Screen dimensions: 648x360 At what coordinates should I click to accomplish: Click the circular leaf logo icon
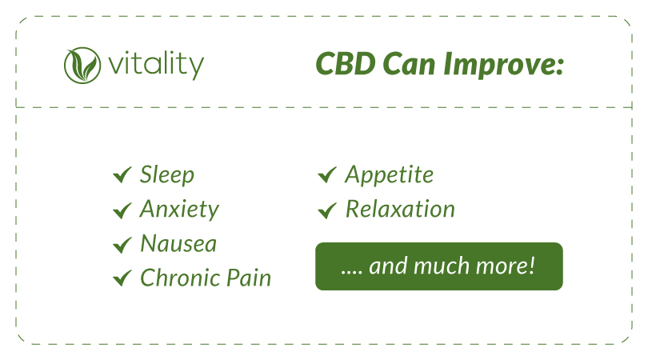tap(82, 66)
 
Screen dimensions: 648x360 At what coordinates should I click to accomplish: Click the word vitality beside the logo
tap(156, 66)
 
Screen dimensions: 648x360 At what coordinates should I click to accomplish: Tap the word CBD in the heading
tap(346, 64)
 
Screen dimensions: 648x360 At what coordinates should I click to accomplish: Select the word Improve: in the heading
tap(503, 66)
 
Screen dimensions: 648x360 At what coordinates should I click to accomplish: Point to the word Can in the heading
tap(409, 64)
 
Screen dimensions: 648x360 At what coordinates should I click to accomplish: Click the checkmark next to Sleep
tap(122, 175)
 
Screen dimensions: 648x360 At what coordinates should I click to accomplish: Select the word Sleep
tap(167, 174)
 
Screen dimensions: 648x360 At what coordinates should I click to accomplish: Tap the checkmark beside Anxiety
tap(122, 210)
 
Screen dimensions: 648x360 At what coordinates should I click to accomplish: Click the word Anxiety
tap(179, 209)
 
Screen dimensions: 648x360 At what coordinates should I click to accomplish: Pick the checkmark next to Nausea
tap(122, 244)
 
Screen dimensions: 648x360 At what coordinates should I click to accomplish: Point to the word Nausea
tap(178, 243)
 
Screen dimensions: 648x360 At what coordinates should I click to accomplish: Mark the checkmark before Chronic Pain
tap(122, 278)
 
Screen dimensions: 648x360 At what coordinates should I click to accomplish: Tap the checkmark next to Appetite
tap(327, 175)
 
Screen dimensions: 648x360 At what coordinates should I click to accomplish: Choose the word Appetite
tap(390, 175)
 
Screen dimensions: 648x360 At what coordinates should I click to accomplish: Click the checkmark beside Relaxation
tap(327, 210)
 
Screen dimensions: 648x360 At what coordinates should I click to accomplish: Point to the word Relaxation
tap(400, 209)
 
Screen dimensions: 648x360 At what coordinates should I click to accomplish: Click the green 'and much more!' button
tap(439, 266)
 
